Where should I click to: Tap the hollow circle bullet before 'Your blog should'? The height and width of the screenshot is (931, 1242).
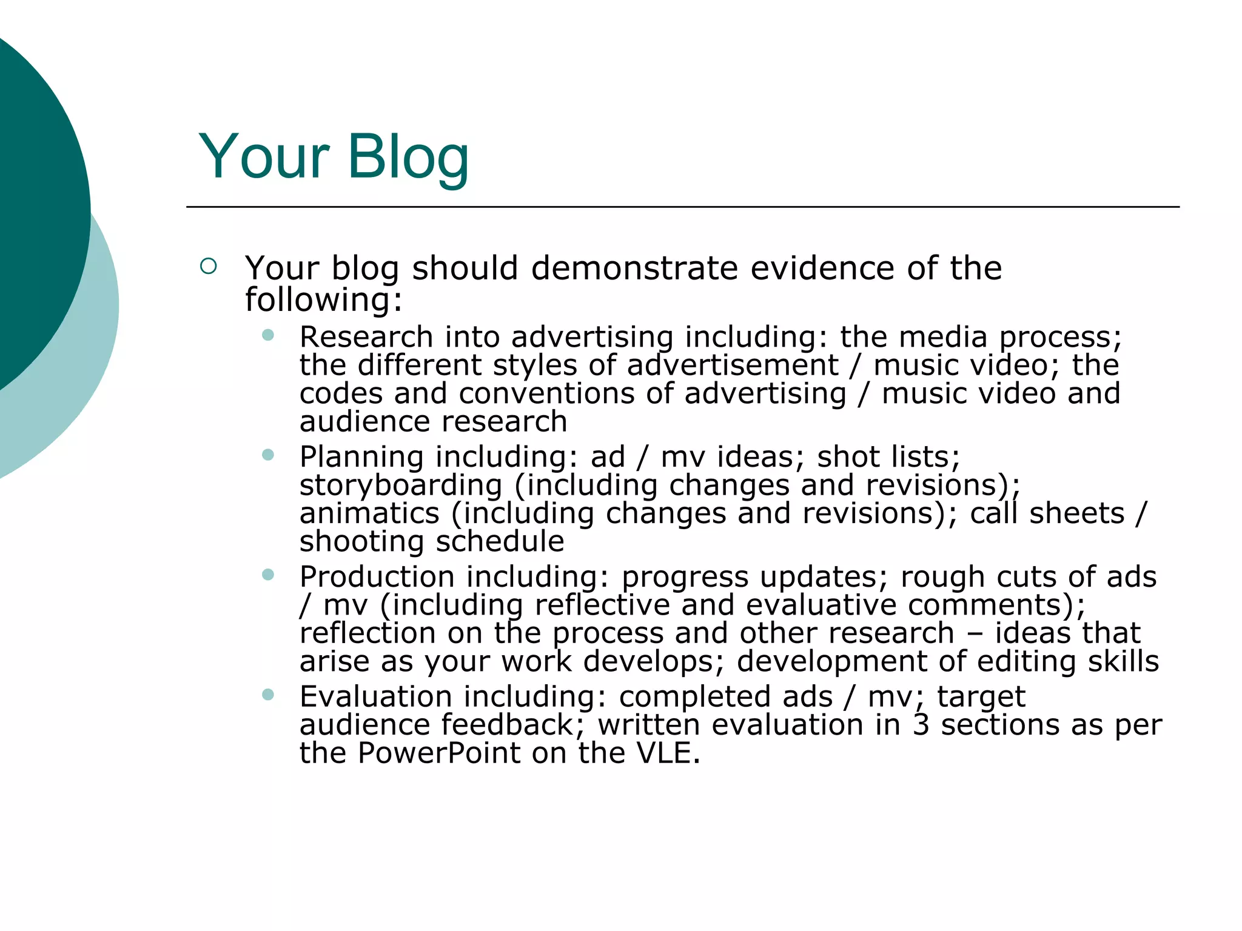(208, 266)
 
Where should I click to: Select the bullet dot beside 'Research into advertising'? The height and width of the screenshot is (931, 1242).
(268, 335)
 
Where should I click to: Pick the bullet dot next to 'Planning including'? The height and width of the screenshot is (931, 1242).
(268, 455)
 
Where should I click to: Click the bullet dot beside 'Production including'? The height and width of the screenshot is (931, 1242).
(268, 574)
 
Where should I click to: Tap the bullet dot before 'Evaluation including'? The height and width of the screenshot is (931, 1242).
(268, 694)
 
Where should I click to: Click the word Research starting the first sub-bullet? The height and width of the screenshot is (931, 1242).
(366, 337)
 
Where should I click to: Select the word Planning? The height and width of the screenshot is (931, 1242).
(361, 457)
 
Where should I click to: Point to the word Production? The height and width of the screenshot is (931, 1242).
(377, 577)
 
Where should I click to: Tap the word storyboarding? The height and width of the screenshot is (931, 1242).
(401, 486)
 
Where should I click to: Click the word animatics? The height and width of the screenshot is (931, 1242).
(369, 514)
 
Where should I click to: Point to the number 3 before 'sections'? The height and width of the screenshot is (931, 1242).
(921, 725)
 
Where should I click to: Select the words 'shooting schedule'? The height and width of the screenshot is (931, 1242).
(431, 542)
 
